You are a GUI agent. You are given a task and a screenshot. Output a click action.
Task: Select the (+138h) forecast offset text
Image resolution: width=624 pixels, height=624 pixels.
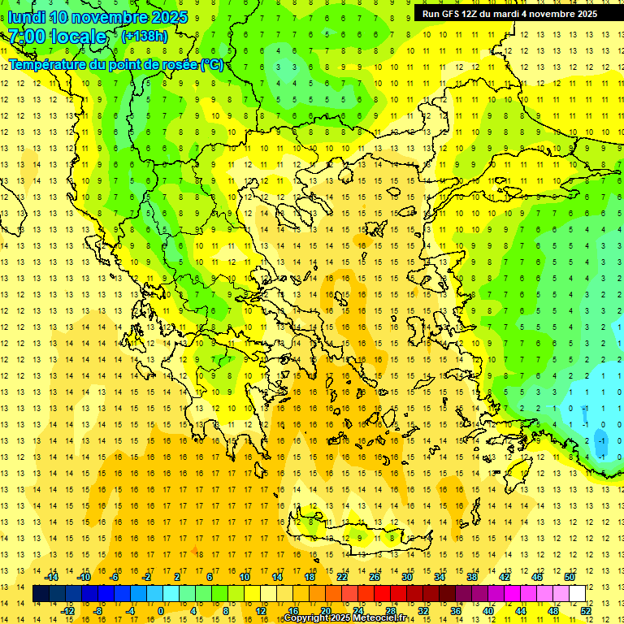[144, 37]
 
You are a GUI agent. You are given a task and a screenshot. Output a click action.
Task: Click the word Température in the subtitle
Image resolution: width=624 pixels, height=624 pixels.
[48, 64]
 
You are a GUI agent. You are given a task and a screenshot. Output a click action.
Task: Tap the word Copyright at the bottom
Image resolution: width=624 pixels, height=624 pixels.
[306, 618]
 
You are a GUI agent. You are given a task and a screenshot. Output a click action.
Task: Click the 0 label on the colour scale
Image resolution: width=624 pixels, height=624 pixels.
[161, 611]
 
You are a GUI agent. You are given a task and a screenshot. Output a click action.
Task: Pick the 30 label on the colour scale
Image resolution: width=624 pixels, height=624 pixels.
[406, 577]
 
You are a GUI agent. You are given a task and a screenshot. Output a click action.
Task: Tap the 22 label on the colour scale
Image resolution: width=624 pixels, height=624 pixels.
[342, 577]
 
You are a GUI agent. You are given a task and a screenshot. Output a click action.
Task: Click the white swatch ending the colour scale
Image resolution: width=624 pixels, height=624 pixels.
[577, 594]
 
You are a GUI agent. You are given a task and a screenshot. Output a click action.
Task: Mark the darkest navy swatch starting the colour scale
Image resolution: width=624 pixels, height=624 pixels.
[41, 594]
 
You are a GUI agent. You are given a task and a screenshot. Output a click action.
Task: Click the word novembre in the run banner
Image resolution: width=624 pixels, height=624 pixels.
[552, 14]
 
